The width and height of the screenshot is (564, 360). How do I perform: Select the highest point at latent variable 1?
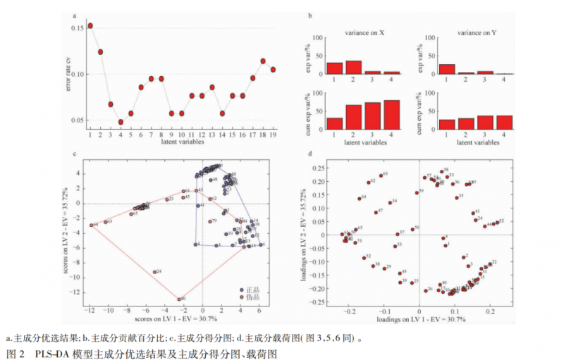click(x=90, y=26)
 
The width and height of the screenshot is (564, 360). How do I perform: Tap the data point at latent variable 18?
click(x=263, y=61)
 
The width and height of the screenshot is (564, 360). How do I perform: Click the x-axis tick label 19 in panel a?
click(x=273, y=135)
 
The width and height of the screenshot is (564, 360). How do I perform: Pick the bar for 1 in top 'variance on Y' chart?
click(x=446, y=69)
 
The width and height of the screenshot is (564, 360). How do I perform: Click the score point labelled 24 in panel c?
click(x=154, y=272)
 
